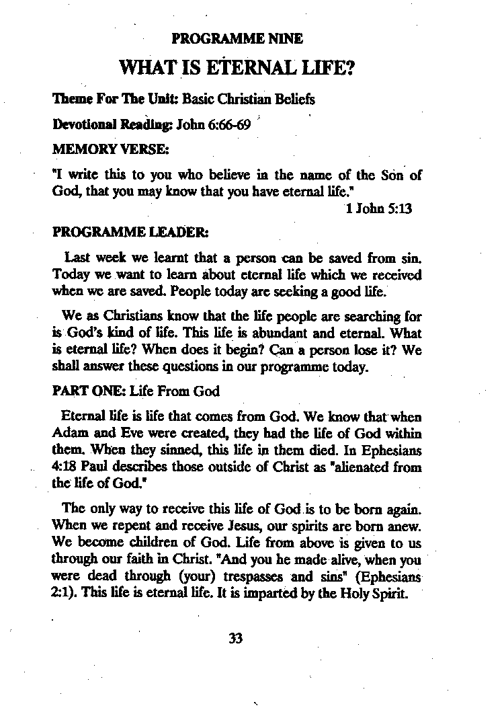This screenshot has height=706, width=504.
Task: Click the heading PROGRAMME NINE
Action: [237, 38]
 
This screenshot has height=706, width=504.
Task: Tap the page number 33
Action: [235, 638]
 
